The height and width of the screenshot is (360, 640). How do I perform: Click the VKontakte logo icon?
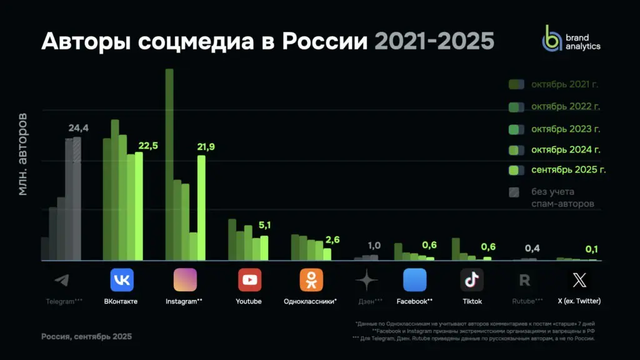[x=122, y=280]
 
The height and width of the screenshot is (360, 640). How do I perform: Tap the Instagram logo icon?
[x=185, y=280]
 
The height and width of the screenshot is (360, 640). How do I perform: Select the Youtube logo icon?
[x=249, y=280]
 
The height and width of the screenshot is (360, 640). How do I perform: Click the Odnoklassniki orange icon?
[x=311, y=280]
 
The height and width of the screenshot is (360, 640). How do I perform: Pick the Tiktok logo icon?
[x=472, y=280]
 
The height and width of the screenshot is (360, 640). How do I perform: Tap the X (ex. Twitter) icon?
[x=579, y=280]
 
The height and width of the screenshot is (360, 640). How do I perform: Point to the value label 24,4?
[x=78, y=128]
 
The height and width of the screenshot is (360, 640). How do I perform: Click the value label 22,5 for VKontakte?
[x=148, y=146]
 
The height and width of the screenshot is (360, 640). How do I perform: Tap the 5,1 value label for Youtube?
[x=264, y=225]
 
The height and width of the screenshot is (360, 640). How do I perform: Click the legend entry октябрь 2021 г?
[x=556, y=85]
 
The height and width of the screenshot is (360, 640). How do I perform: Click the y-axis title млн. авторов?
[x=22, y=154]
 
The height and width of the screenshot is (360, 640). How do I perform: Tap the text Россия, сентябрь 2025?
[x=86, y=336]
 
